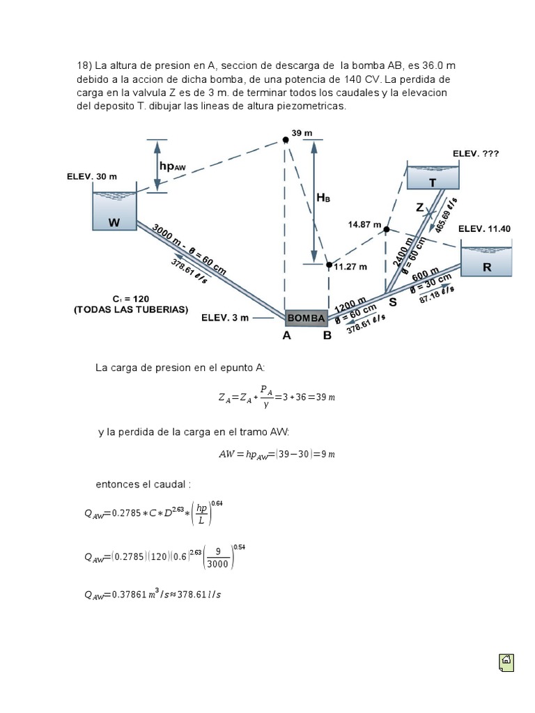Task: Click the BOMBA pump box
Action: tap(306, 318)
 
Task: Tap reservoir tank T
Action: tap(433, 178)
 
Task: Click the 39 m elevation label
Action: tap(302, 133)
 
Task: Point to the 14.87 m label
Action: tap(364, 225)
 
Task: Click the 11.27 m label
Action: tap(350, 267)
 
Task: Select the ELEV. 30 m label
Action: tap(92, 176)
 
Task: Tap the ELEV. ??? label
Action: tap(476, 152)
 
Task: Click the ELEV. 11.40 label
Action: tap(484, 228)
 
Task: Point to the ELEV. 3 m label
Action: tap(225, 318)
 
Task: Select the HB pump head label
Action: tap(323, 198)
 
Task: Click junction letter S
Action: tap(393, 302)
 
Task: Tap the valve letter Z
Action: tap(419, 207)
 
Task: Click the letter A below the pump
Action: tap(286, 335)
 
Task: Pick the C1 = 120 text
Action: tap(130, 298)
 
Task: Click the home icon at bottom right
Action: tap(506, 661)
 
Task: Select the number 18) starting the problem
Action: tap(84, 66)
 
